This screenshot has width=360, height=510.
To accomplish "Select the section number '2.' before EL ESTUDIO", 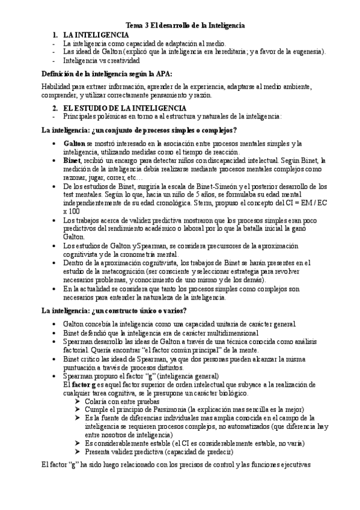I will pos(55,108).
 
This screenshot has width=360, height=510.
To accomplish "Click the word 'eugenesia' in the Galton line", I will pos(305,52).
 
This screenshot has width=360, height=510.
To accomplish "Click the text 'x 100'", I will pos(71,212).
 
